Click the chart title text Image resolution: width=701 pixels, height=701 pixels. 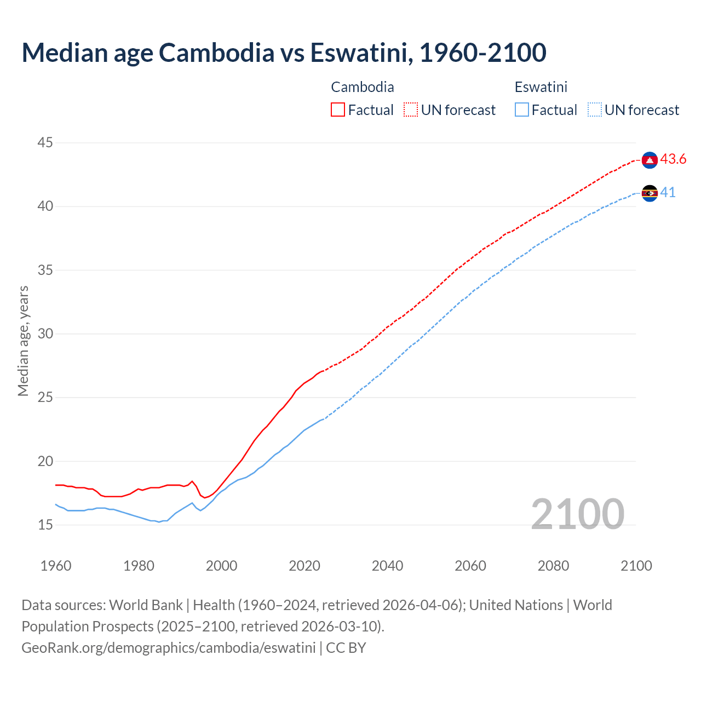point(284,53)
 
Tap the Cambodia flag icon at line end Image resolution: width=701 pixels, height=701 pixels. point(650,160)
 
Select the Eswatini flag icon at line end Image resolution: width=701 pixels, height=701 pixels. point(650,193)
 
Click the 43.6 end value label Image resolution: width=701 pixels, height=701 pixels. point(673,159)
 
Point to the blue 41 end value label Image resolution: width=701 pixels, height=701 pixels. point(668,193)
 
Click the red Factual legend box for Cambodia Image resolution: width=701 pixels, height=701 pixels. point(338,110)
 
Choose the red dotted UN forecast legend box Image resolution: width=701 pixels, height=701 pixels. point(411,110)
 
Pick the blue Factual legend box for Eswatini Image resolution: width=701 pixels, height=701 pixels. point(522,110)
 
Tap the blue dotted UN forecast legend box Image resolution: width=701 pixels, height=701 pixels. point(595,110)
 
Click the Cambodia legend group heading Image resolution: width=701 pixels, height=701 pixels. point(363,87)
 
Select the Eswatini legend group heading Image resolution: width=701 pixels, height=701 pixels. point(541,87)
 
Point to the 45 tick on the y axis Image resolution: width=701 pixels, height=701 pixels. point(45,143)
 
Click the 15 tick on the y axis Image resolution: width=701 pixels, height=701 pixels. point(45,525)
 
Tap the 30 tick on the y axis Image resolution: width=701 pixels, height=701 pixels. point(45,334)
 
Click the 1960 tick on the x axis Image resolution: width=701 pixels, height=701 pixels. point(56,566)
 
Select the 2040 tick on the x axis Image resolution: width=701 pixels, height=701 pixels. point(387,566)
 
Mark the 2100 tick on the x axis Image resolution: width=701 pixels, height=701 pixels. point(636,566)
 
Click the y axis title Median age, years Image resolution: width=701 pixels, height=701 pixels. point(23,341)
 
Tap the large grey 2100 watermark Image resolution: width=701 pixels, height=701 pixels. point(577,514)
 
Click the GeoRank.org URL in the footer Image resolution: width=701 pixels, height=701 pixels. point(168,648)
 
